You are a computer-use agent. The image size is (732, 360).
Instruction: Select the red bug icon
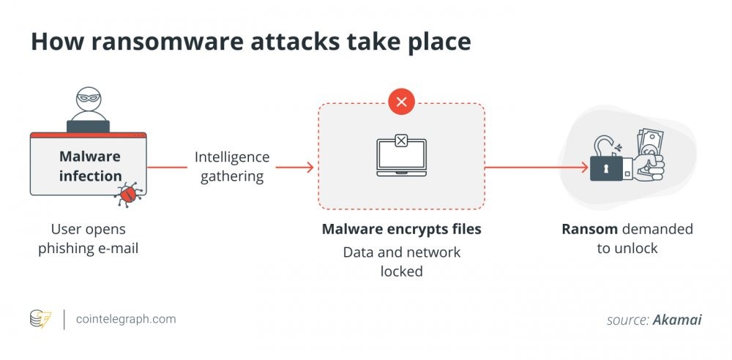click(x=129, y=193)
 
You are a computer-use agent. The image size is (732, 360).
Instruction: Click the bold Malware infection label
click(x=90, y=166)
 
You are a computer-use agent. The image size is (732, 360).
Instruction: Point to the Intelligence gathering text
click(x=231, y=167)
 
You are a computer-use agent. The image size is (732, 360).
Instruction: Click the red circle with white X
click(x=401, y=102)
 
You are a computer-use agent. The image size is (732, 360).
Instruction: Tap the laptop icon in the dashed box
click(x=400, y=157)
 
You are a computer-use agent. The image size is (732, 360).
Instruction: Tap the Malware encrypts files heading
click(x=401, y=229)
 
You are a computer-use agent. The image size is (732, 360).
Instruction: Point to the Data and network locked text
click(x=401, y=261)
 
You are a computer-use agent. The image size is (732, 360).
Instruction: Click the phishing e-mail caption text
click(x=89, y=248)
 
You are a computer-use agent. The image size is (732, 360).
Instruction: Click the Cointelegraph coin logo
click(x=41, y=319)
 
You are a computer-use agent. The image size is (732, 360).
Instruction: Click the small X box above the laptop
click(x=401, y=139)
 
